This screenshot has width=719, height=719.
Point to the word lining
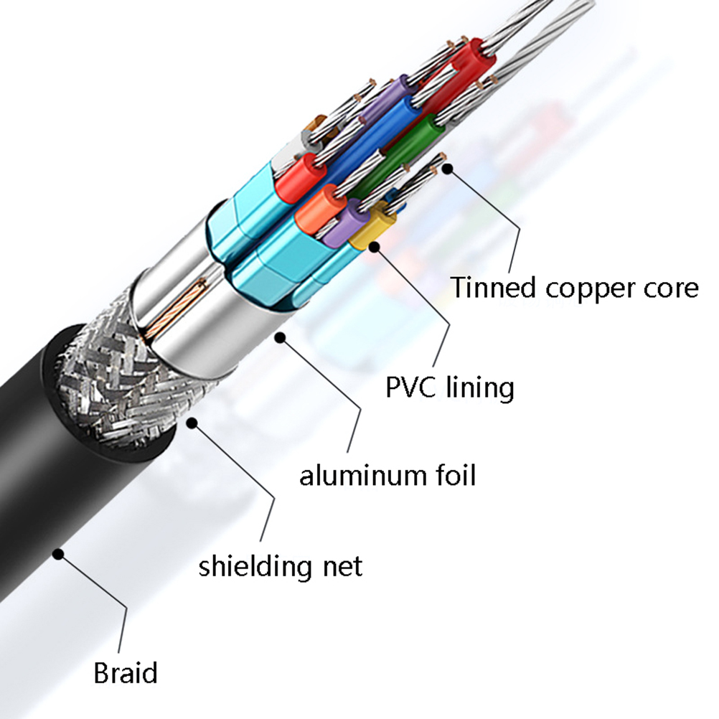pos(479,388)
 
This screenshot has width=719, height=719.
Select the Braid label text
pos(125,674)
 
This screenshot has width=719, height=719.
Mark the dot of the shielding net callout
pos(192,423)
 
